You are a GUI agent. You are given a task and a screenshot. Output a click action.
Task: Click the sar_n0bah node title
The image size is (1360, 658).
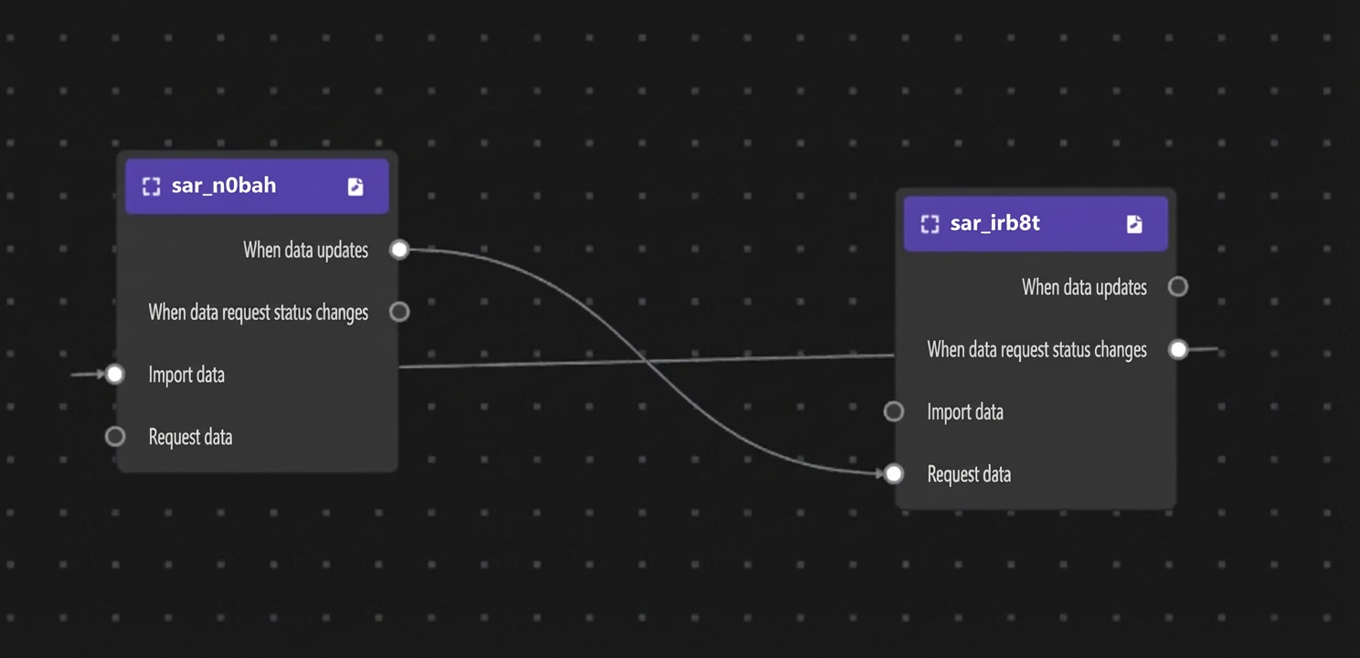pos(223,186)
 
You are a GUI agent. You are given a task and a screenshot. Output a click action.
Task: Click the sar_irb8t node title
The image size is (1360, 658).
pos(994,223)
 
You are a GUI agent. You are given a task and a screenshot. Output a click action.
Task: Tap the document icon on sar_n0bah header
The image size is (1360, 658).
pos(356,186)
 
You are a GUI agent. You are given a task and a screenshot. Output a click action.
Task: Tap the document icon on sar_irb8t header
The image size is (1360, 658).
pos(1134,224)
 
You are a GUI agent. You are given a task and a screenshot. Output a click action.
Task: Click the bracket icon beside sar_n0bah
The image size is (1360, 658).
pos(151,186)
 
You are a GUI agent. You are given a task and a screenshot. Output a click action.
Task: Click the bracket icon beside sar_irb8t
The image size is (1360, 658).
pos(930,224)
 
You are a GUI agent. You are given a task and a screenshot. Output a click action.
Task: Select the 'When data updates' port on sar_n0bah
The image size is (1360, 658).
pos(399,249)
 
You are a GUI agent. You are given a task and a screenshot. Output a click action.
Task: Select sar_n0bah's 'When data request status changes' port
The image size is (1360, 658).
pos(399,312)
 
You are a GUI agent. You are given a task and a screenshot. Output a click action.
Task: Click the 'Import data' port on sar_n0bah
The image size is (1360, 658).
pos(115,374)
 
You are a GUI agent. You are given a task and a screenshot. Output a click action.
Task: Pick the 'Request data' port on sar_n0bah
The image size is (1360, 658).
pos(115,437)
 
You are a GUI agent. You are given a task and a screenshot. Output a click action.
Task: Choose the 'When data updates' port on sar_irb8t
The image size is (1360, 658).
pos(1178,287)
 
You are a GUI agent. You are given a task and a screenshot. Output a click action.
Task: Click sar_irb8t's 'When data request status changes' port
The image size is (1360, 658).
pos(1178,349)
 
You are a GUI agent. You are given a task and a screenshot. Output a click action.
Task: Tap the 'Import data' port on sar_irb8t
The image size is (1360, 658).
pos(893,411)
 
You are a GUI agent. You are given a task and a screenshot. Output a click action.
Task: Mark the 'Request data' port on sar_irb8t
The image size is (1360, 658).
pos(893,473)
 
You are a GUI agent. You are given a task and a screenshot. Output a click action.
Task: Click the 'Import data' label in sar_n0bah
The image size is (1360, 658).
pos(186,375)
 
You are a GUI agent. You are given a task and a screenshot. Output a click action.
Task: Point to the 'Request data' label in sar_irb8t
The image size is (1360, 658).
pos(969,474)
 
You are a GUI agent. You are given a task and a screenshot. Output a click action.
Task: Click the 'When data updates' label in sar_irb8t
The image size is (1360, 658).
pos(1084,287)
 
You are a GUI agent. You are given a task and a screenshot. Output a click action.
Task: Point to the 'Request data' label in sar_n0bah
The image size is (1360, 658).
pos(191,437)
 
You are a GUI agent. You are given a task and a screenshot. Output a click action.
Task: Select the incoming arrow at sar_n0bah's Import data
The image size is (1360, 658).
pos(88,375)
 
